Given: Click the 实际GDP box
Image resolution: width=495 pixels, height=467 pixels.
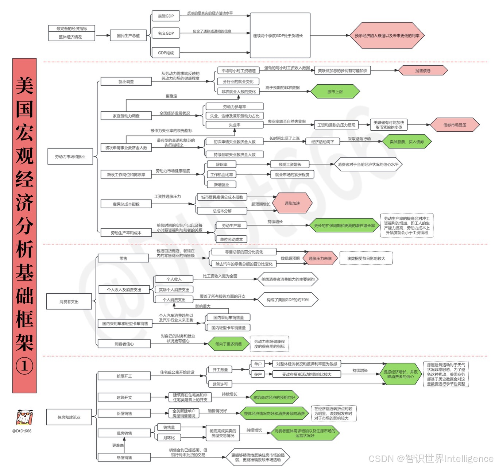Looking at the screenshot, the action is [166, 16].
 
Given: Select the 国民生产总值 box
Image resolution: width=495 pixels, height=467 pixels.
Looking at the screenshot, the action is [128, 35].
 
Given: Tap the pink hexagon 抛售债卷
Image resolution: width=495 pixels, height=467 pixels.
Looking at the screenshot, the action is [423, 71].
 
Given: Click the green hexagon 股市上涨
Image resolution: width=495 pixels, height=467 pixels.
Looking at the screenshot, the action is [335, 92].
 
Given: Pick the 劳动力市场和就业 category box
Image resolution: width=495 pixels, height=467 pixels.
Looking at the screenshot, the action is [70, 157].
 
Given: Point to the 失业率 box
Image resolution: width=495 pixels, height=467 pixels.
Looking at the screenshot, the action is [235, 125].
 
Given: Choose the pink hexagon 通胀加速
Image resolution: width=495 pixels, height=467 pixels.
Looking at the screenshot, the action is [292, 203].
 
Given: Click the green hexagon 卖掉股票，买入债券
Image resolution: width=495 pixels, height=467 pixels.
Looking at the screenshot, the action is [406, 142].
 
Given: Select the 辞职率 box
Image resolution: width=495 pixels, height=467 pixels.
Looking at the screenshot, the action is [221, 165].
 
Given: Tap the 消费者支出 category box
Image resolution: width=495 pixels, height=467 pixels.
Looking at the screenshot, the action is [69, 302].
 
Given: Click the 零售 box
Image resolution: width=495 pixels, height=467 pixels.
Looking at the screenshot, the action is [123, 258].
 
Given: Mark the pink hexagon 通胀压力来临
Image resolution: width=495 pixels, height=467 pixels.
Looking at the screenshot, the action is [320, 258].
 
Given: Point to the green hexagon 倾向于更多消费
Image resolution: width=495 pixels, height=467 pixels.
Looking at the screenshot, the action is [228, 344].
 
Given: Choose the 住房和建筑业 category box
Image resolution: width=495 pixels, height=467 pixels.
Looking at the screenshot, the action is [69, 417].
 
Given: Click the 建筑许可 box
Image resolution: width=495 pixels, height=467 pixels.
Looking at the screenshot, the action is [220, 384].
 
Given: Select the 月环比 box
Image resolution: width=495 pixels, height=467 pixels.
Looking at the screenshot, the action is [169, 437].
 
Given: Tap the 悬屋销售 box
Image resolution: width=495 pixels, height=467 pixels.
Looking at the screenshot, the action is [124, 458].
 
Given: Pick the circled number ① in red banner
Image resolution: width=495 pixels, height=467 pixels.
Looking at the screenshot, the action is [24, 366].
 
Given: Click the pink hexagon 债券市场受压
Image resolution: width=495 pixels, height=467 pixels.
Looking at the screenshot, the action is [455, 125].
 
